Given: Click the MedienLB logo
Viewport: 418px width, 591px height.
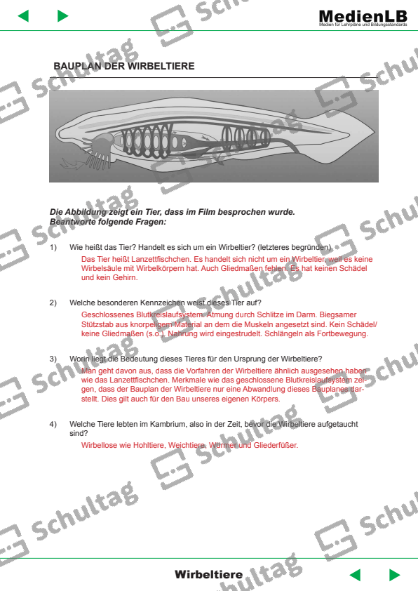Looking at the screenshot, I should click(362, 16).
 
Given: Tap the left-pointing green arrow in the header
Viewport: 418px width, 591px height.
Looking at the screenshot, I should click(23, 16).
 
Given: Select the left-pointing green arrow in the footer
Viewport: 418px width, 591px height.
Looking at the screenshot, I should click(355, 575).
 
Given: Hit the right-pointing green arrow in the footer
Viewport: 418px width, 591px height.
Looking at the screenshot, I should click(394, 575).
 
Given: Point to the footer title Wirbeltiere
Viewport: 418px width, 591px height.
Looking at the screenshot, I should click(208, 575).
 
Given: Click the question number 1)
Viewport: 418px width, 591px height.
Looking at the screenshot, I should click(53, 248).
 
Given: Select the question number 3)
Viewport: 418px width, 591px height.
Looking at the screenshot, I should click(53, 359).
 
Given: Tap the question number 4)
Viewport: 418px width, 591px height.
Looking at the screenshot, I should click(53, 425).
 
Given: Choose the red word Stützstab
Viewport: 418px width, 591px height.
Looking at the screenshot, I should click(99, 324).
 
